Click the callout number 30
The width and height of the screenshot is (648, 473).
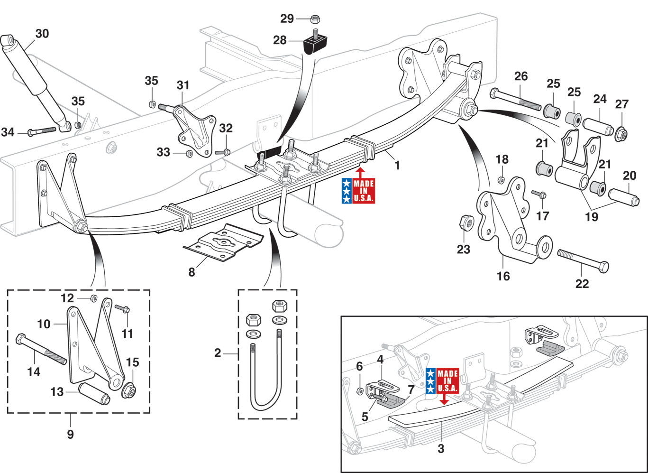(42, 34)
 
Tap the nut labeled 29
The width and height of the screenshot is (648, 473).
(315, 19)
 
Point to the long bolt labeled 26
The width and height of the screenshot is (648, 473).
(515, 101)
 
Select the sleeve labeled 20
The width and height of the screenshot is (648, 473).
(624, 197)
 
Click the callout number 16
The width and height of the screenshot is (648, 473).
(503, 276)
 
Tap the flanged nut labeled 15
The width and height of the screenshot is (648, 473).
(129, 390)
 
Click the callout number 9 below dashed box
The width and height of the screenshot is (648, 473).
(70, 434)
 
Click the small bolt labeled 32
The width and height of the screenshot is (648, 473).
(222, 152)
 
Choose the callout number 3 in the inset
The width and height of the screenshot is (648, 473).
(440, 448)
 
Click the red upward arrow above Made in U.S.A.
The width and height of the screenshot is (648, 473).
(360, 173)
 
